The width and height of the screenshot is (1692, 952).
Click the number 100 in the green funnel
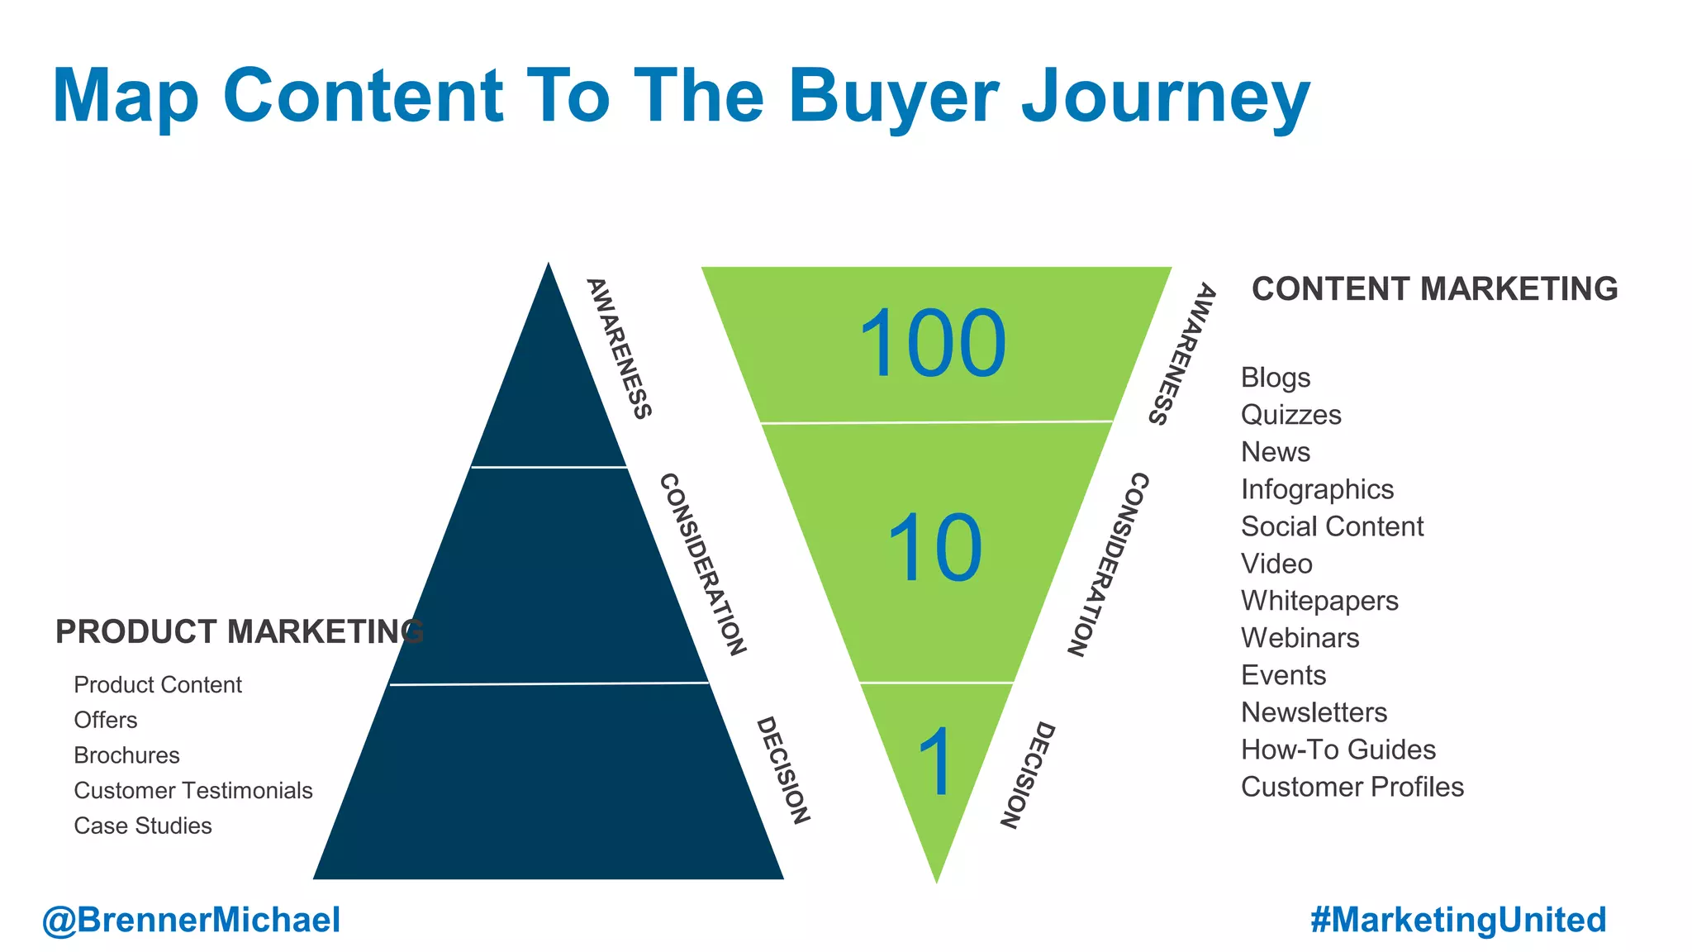click(x=933, y=343)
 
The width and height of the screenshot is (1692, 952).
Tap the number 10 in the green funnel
click(x=934, y=547)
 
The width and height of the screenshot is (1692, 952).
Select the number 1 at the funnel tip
click(x=936, y=762)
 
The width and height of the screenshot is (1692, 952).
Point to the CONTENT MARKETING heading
click(x=1434, y=289)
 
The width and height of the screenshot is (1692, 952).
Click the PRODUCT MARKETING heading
click(x=239, y=631)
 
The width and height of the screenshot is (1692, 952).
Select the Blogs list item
click(x=1275, y=378)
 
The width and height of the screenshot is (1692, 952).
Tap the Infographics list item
click(x=1317, y=489)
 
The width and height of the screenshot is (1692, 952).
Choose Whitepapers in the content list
click(x=1319, y=601)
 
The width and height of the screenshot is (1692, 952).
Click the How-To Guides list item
click(x=1338, y=750)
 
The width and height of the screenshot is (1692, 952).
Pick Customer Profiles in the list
click(x=1352, y=787)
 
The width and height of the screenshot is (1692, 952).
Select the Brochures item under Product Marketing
click(x=126, y=755)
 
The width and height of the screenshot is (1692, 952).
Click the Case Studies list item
click(x=143, y=826)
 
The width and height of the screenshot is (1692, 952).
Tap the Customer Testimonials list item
click(x=193, y=791)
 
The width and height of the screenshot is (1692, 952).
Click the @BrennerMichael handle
click(x=191, y=920)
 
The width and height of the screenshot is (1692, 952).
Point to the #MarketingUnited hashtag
click(x=1458, y=920)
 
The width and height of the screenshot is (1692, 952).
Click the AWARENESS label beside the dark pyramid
click(x=619, y=348)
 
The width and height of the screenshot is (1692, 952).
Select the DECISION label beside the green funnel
click(x=1027, y=774)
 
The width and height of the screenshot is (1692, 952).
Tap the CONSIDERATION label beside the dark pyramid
click(x=703, y=564)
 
